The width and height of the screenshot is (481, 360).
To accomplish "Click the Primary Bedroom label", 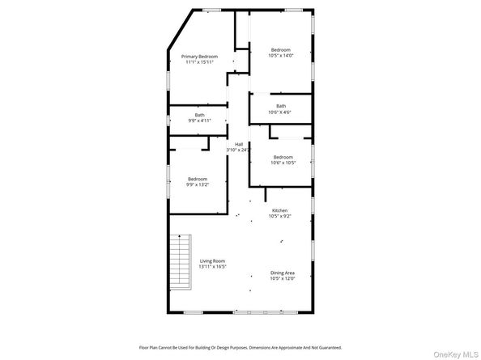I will coord(200,57).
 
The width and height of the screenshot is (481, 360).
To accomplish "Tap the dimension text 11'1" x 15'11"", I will coord(200,62).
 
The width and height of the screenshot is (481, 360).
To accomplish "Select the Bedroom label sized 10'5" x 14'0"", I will coord(281,49).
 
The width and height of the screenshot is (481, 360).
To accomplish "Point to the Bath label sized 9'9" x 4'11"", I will coord(199,115).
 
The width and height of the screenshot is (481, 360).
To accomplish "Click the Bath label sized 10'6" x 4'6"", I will coord(281,106).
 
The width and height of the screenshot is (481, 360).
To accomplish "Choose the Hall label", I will coord(239,144).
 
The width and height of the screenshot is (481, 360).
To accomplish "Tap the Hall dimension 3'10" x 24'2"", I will coord(239,150).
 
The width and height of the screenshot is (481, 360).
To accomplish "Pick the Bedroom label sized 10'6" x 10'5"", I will coord(283,157).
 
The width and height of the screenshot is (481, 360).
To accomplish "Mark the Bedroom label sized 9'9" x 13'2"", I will coord(198,179).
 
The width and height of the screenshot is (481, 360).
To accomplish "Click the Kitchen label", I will coord(279,210).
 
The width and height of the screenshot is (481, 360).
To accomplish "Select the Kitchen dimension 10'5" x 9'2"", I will coord(279,216).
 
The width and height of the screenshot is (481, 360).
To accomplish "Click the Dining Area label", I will coord(283,273).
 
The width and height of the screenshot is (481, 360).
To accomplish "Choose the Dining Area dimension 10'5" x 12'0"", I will coord(283,278).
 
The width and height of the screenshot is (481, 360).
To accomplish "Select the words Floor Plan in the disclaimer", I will coord(151,345).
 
